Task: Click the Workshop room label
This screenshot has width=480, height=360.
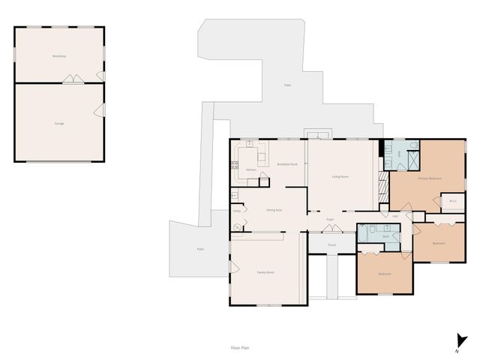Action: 59,57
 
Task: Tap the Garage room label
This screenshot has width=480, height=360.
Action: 59,122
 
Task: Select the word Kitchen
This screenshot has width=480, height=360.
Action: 251,169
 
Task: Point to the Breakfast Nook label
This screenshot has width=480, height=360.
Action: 287,163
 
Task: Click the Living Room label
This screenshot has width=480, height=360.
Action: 341,177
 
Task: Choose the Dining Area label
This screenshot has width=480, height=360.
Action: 274,210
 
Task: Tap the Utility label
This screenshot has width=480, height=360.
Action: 236,211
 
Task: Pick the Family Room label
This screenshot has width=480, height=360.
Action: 265,271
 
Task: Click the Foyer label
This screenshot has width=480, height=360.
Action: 330,219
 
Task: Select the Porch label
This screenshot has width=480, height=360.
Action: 331,244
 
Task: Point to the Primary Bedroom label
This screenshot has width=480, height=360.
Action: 430,178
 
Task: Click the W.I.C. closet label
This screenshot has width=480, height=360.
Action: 452,201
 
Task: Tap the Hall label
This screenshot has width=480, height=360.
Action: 395,216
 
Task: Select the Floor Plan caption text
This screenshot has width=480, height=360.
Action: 240,348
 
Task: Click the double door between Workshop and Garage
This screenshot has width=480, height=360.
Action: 72,79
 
